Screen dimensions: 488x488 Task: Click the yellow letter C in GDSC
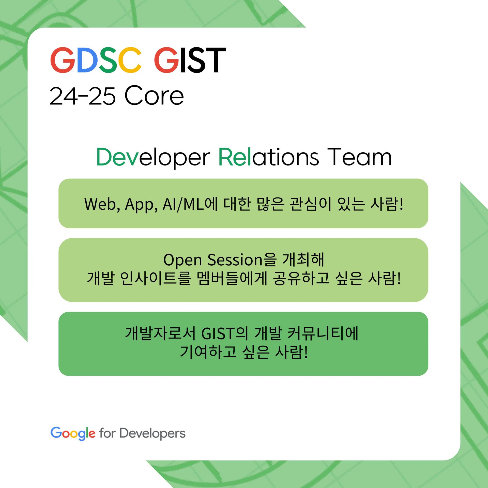pyautogui.click(x=130, y=60)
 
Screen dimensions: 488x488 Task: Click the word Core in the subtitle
pyautogui.click(x=154, y=96)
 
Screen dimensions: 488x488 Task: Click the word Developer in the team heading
pyautogui.click(x=153, y=158)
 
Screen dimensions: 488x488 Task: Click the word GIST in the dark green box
pyautogui.click(x=218, y=333)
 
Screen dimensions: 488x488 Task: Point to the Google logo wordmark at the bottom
pyautogui.click(x=73, y=433)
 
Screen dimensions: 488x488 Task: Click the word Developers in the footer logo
pyautogui.click(x=152, y=434)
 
